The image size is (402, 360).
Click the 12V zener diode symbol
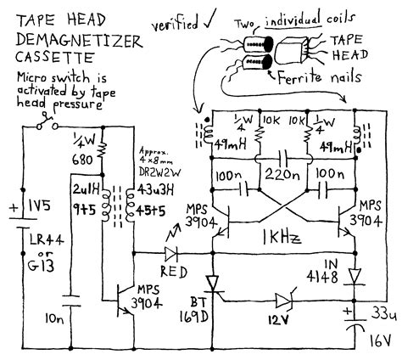point(282,300)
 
